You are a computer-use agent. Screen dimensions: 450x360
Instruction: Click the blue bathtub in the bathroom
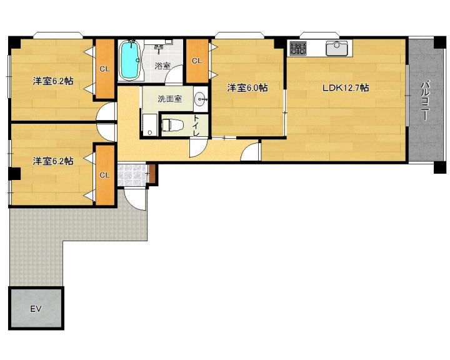tap(130, 60)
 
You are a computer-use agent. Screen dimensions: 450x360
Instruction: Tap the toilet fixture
tap(171, 126)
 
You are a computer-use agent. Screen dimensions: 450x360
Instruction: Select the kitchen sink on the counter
tap(337, 48)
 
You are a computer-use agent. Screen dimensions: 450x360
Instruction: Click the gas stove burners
tap(298, 48)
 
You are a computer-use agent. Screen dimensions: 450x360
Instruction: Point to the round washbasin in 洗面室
tap(201, 99)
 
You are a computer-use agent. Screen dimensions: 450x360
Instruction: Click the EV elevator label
tap(36, 309)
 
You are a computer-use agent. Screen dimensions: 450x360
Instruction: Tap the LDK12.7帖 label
tap(346, 87)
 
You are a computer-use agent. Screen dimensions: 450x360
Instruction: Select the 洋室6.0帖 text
tap(247, 87)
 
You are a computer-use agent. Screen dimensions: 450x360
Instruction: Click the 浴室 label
tap(162, 66)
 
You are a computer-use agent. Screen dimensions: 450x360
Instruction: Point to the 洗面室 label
tap(169, 99)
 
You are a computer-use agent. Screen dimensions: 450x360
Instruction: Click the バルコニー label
tap(425, 101)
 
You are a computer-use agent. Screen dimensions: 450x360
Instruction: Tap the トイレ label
tap(196, 126)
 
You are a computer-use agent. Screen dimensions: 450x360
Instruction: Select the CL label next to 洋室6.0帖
tap(197, 61)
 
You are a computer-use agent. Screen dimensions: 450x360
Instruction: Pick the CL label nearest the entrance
tap(105, 175)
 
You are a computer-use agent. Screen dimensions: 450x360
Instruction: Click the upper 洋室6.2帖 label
tap(53, 81)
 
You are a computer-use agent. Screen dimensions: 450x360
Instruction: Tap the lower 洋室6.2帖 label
tap(53, 161)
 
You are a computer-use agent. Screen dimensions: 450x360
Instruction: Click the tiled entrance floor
tap(132, 175)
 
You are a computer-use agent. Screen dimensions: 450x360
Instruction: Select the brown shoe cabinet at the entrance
tap(152, 174)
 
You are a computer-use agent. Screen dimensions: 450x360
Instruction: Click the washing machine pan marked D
tap(150, 125)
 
